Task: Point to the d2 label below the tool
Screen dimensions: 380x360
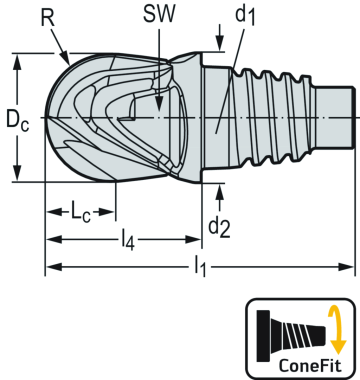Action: (219, 227)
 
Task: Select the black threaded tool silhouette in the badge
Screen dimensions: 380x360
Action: (289, 329)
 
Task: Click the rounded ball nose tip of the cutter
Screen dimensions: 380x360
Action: (53, 118)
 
